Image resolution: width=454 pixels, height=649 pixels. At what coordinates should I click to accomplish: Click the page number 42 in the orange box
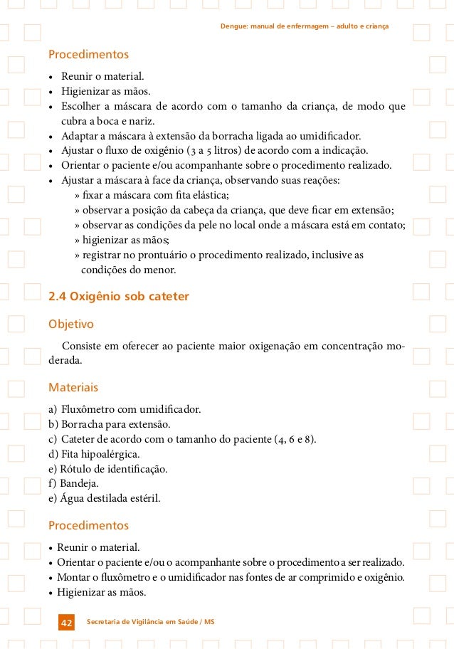(66, 623)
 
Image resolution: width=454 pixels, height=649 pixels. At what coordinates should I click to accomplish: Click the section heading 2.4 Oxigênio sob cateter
(118, 296)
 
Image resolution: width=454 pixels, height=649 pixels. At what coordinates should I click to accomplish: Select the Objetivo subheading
(70, 324)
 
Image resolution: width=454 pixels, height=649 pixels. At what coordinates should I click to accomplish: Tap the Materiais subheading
(73, 388)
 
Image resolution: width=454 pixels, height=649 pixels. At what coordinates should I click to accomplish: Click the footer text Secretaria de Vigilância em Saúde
(149, 623)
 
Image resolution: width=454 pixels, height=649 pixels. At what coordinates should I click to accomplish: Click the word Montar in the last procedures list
(74, 577)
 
